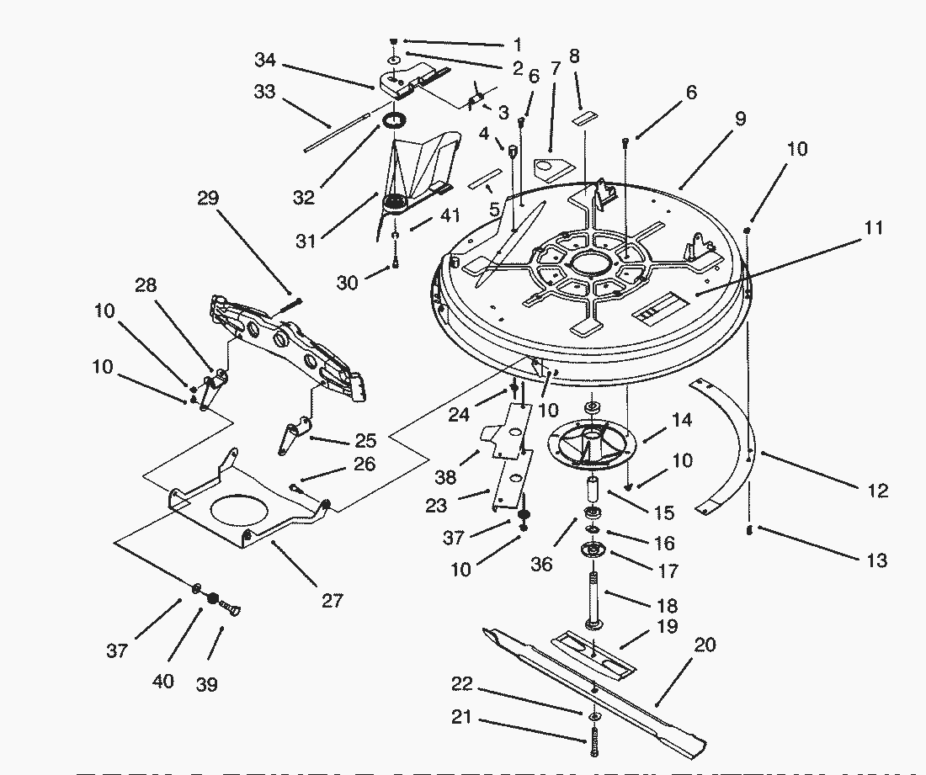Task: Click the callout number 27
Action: (x=332, y=600)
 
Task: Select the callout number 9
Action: (x=739, y=119)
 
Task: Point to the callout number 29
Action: (x=207, y=199)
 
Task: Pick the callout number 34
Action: (x=264, y=60)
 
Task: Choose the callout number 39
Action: (x=205, y=684)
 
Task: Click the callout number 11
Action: (x=873, y=228)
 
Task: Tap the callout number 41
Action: (x=450, y=215)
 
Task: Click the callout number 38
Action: (x=445, y=477)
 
